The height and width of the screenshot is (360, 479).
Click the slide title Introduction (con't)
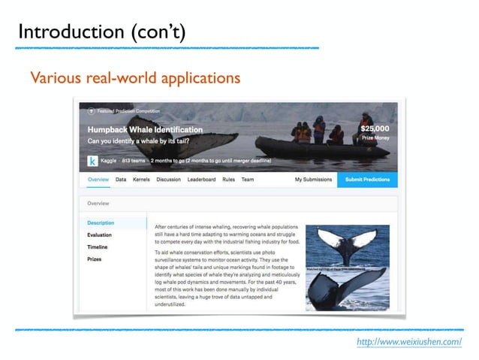click(x=101, y=32)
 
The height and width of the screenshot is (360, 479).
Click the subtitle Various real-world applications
click(x=134, y=77)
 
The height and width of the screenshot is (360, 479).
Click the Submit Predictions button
click(x=367, y=180)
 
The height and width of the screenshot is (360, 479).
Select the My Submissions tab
click(x=312, y=180)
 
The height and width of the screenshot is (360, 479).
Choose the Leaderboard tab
click(x=201, y=180)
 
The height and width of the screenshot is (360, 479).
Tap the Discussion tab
click(x=168, y=180)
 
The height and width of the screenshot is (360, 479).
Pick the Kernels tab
click(x=141, y=180)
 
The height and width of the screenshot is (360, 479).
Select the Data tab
click(x=121, y=180)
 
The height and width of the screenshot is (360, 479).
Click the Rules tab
click(x=229, y=180)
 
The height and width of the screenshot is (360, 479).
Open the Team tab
click(x=249, y=180)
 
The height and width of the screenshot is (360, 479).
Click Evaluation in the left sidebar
click(x=100, y=235)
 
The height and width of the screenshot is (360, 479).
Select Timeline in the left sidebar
click(x=98, y=247)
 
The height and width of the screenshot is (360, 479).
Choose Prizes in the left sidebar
click(x=95, y=259)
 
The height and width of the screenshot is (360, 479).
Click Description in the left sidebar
click(x=101, y=223)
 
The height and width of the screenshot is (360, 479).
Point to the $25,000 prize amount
click(x=377, y=129)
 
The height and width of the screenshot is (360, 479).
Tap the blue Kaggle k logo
click(x=92, y=161)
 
